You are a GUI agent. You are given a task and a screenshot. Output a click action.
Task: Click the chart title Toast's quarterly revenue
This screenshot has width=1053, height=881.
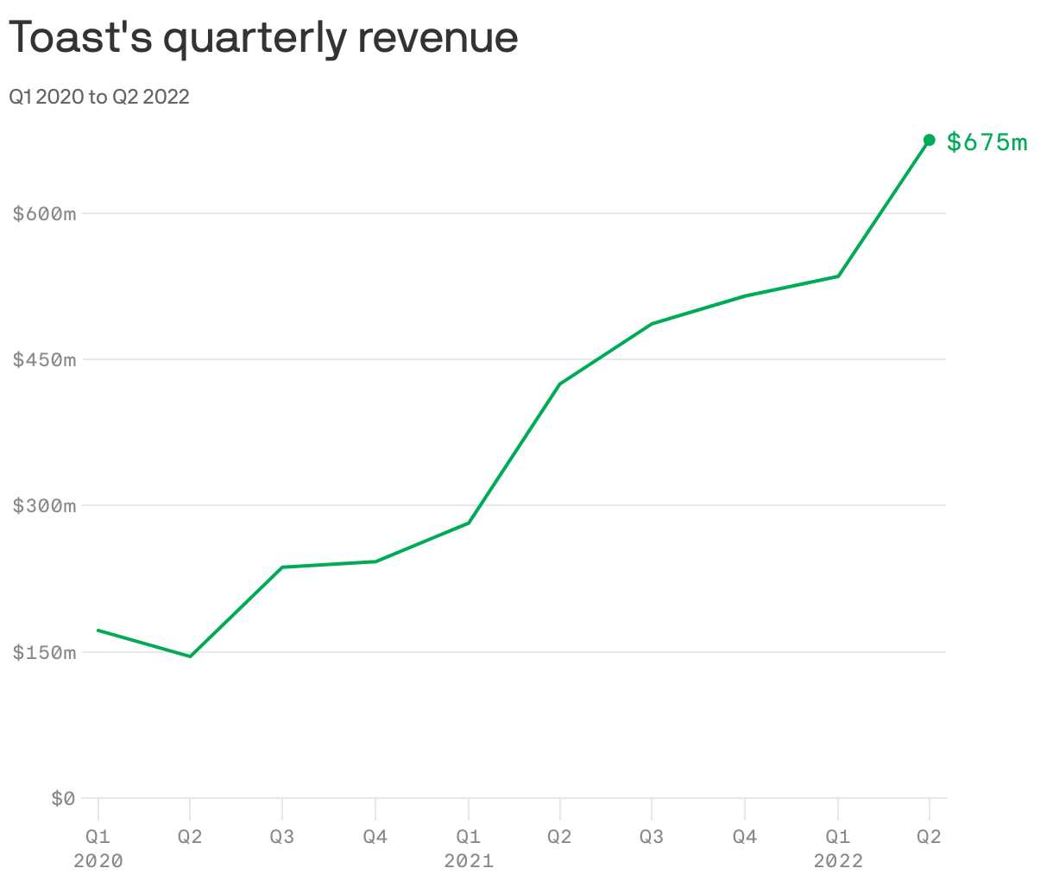pos(263,38)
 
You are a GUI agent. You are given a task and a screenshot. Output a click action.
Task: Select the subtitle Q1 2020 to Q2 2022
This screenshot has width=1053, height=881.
pos(99,97)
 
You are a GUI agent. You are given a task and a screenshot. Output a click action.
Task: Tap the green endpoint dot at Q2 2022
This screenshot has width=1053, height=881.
pos(930,140)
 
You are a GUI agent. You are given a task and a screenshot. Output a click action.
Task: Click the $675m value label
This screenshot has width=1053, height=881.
pos(987,142)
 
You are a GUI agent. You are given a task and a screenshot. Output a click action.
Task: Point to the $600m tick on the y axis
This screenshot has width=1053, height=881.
pos(44,213)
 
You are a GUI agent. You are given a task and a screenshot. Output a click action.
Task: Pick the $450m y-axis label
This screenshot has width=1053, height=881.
pos(44,359)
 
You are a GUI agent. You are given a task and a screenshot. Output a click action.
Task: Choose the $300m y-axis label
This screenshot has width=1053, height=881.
pos(44,505)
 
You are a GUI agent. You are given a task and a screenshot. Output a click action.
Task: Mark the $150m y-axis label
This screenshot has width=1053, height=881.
pos(44,652)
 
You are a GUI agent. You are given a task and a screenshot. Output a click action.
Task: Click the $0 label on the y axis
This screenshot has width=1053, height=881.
pos(62,798)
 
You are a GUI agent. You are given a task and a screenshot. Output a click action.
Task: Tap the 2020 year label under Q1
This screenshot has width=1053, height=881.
pos(98,860)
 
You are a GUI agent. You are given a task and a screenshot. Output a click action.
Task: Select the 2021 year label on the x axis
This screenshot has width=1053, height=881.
pos(468,860)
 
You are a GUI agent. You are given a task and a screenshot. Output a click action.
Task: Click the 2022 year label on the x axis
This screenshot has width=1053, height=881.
pos(838,860)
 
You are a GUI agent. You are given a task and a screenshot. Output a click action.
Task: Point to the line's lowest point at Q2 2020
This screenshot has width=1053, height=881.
pos(190,656)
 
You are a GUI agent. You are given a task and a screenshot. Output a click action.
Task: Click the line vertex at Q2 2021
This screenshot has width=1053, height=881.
pos(560,383)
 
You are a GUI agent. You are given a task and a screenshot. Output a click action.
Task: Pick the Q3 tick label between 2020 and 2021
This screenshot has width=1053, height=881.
pos(282,836)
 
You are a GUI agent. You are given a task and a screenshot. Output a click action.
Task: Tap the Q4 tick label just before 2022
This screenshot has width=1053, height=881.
pos(745,836)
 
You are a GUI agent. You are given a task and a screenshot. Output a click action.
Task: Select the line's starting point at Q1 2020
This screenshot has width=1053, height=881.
pos(98,630)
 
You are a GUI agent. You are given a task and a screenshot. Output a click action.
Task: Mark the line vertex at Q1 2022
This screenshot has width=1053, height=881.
pos(838,276)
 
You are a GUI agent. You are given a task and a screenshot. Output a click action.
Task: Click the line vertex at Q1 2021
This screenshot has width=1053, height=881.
pos(468,523)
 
